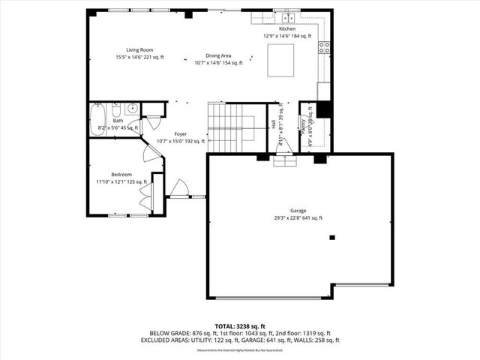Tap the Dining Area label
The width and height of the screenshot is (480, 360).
click(218, 59)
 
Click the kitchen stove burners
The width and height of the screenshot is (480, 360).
click(325, 49)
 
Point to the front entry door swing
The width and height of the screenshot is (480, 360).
click(180, 188)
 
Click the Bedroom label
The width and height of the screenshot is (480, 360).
click(115, 177)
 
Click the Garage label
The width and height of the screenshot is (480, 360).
click(298, 214)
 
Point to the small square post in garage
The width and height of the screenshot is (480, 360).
click(332, 238)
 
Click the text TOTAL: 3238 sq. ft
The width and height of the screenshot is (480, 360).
click(239, 326)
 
